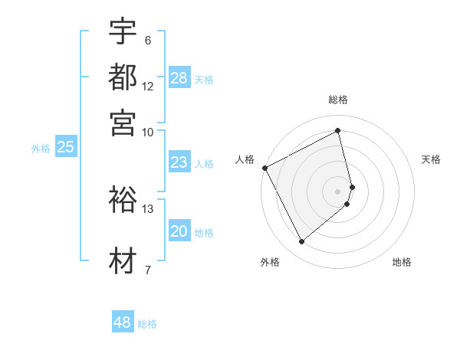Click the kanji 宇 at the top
point(123,33)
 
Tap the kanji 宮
point(123,122)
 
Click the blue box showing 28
point(179,78)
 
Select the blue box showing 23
point(179,162)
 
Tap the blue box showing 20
point(179,232)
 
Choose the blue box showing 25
point(65,148)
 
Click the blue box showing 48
point(123,322)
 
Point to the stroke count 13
point(148,208)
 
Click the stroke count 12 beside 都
point(148,87)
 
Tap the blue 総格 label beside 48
point(147,324)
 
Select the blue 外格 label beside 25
point(41,149)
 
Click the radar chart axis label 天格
point(431,159)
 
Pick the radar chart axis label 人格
point(245,159)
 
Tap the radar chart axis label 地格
point(402,262)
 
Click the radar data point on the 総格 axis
point(338,131)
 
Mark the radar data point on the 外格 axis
point(301,242)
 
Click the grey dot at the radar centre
point(338,190)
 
